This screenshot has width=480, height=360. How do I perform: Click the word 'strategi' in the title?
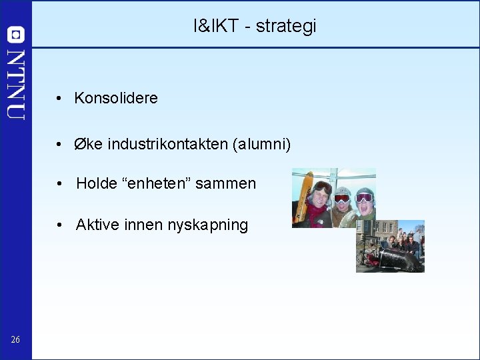pyautogui.click(x=286, y=27)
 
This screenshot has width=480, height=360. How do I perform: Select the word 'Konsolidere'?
pyautogui.click(x=116, y=98)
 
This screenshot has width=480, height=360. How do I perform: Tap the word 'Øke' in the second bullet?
pyautogui.click(x=88, y=144)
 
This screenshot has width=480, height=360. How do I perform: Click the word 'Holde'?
pyautogui.click(x=96, y=183)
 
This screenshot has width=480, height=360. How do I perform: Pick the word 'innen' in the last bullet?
pyautogui.click(x=141, y=225)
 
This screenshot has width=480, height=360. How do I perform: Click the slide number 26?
pyautogui.click(x=15, y=341)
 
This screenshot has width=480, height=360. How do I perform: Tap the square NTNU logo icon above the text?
pyautogui.click(x=16, y=35)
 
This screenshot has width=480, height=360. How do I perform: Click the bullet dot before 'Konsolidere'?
pyautogui.click(x=59, y=99)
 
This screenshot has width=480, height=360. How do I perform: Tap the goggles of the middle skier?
pyautogui.click(x=341, y=198)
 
